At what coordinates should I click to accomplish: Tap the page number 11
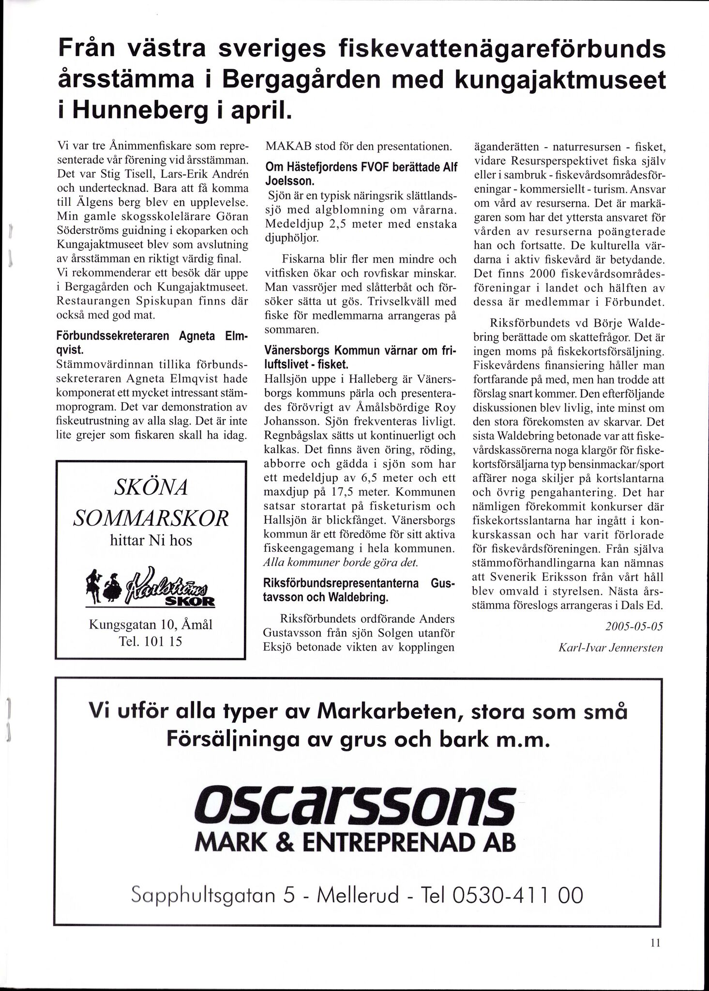656,943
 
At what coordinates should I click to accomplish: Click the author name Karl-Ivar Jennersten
610,647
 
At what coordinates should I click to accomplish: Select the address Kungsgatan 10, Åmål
151,625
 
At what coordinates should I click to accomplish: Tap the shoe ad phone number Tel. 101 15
151,642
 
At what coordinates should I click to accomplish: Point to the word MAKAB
287,146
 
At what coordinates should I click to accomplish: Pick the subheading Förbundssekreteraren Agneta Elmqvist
151,343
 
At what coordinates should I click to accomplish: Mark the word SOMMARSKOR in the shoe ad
150,518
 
